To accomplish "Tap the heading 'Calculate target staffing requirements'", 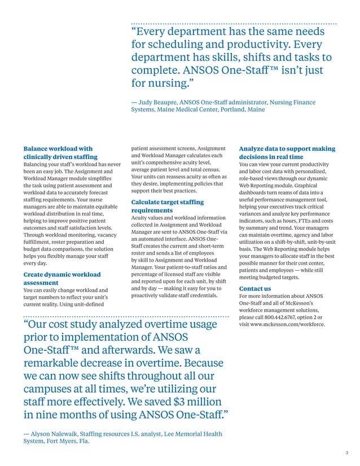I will tap(167, 206).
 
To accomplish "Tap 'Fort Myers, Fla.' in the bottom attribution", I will tap(67, 442).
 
